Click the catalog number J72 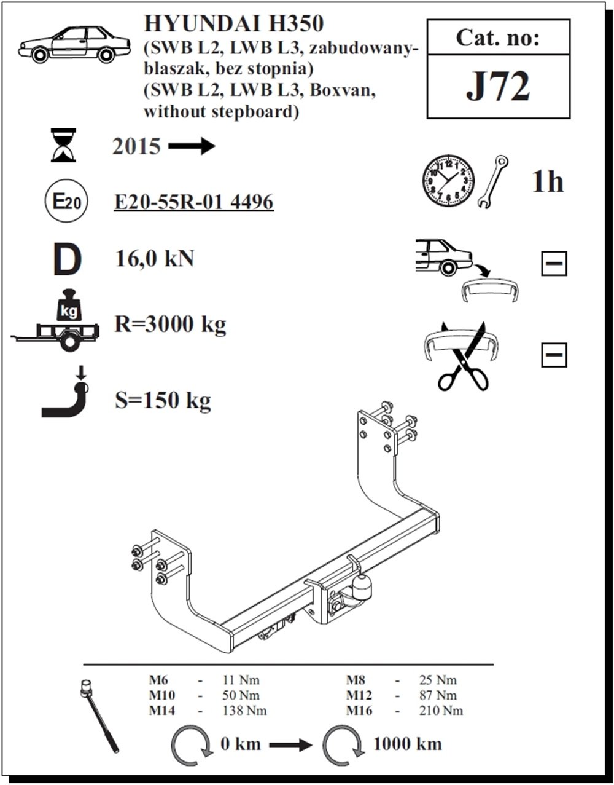[x=497, y=87]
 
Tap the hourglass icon [x=64, y=144]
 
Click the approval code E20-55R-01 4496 [x=194, y=201]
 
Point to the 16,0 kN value [x=155, y=258]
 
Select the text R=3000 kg [x=170, y=323]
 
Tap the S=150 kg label [x=163, y=401]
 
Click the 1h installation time [x=548, y=181]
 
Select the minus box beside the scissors [x=554, y=355]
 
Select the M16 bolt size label [x=360, y=711]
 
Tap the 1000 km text [x=407, y=744]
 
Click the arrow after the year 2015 [x=192, y=146]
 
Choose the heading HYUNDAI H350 [x=233, y=25]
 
